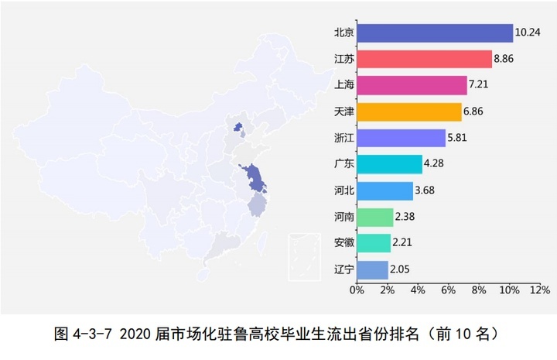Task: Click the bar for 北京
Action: [434, 33]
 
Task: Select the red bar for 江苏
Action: [424, 60]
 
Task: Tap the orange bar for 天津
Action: [408, 112]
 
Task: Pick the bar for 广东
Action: [389, 164]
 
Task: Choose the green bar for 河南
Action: [374, 217]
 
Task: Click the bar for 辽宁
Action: [372, 269]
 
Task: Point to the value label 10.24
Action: [527, 33]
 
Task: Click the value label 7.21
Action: [481, 86]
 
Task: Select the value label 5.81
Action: [460, 139]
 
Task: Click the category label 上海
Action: [344, 86]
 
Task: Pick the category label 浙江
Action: [344, 139]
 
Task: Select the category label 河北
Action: [344, 190]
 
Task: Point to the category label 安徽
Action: [344, 243]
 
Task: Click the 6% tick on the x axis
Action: [448, 290]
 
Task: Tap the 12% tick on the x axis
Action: [539, 290]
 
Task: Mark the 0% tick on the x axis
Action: [357, 290]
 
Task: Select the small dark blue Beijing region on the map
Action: [238, 125]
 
